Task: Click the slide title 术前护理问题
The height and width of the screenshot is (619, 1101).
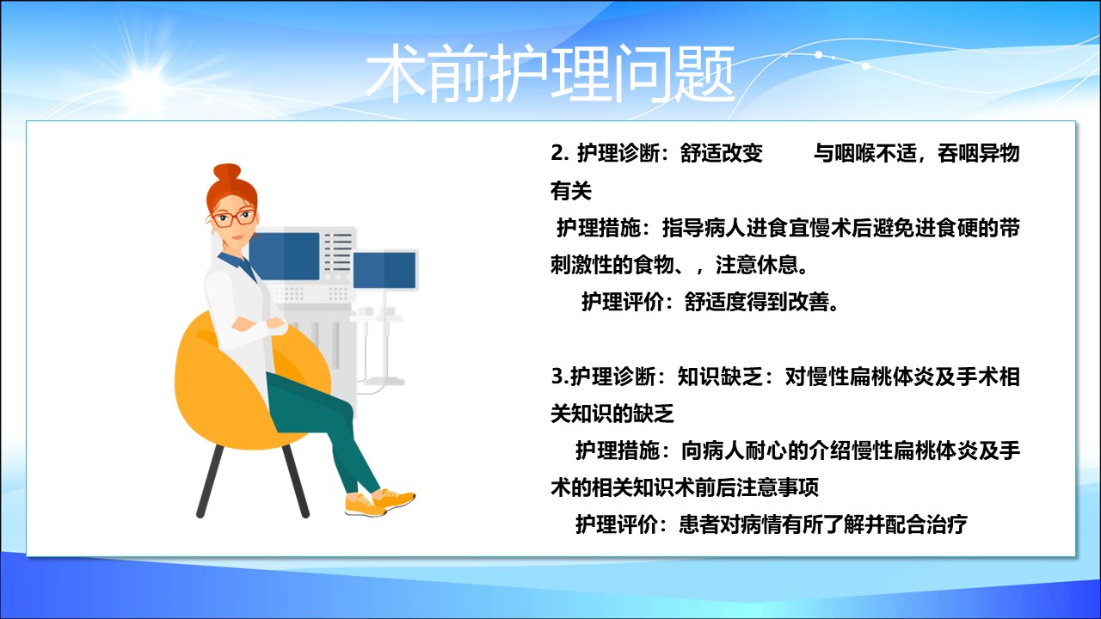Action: pos(550,74)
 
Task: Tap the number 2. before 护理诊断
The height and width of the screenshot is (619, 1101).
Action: pos(559,153)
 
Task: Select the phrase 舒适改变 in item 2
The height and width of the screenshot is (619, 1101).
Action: pos(721,153)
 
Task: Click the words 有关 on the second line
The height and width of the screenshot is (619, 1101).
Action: pos(570,191)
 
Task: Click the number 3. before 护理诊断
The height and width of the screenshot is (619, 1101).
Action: pos(560,377)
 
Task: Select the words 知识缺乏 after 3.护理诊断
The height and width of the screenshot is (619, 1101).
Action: pos(719,377)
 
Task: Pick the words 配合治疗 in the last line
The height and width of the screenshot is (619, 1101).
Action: pos(926,524)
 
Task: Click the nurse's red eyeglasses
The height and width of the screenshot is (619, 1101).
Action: pos(233,218)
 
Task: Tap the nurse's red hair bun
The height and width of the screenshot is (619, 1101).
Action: pos(226,173)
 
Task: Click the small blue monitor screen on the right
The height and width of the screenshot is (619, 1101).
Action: pos(384,270)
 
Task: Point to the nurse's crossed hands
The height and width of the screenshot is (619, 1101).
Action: pos(259,324)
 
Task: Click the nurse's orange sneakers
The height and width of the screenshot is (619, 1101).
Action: pos(379,502)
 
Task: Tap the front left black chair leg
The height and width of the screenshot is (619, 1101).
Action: pos(209,481)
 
